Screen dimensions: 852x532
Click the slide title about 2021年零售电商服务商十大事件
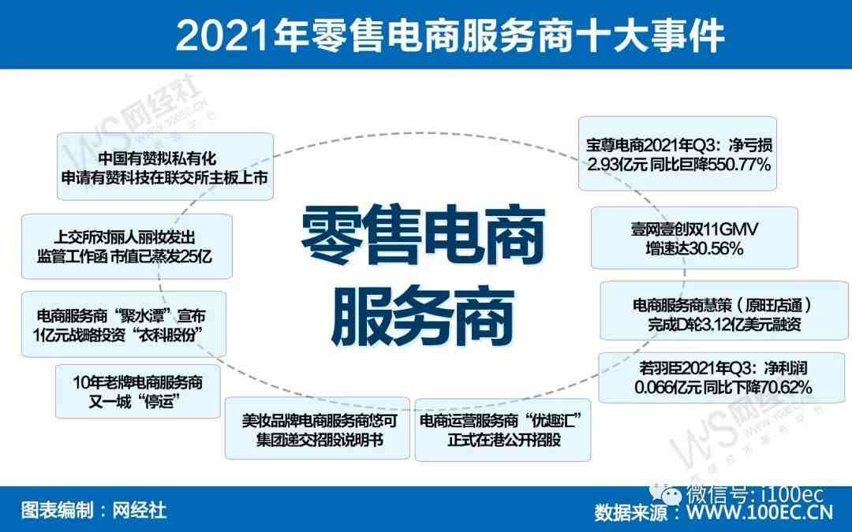450,35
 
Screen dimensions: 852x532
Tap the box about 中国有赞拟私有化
165,166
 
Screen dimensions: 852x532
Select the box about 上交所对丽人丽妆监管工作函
127,247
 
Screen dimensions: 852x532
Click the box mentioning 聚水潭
124,324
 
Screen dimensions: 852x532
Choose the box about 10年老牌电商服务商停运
138,392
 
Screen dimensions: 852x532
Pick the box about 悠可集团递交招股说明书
317,428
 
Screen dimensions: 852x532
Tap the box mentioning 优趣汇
503,430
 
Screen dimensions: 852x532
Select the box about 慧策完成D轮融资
723,311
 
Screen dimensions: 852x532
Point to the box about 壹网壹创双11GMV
694,238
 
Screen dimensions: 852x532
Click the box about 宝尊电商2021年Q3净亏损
678,154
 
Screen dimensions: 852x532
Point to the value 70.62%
785,387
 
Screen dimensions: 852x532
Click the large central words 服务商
423,316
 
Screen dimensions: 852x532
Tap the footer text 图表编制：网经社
93,510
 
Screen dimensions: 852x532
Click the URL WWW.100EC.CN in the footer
760,512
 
